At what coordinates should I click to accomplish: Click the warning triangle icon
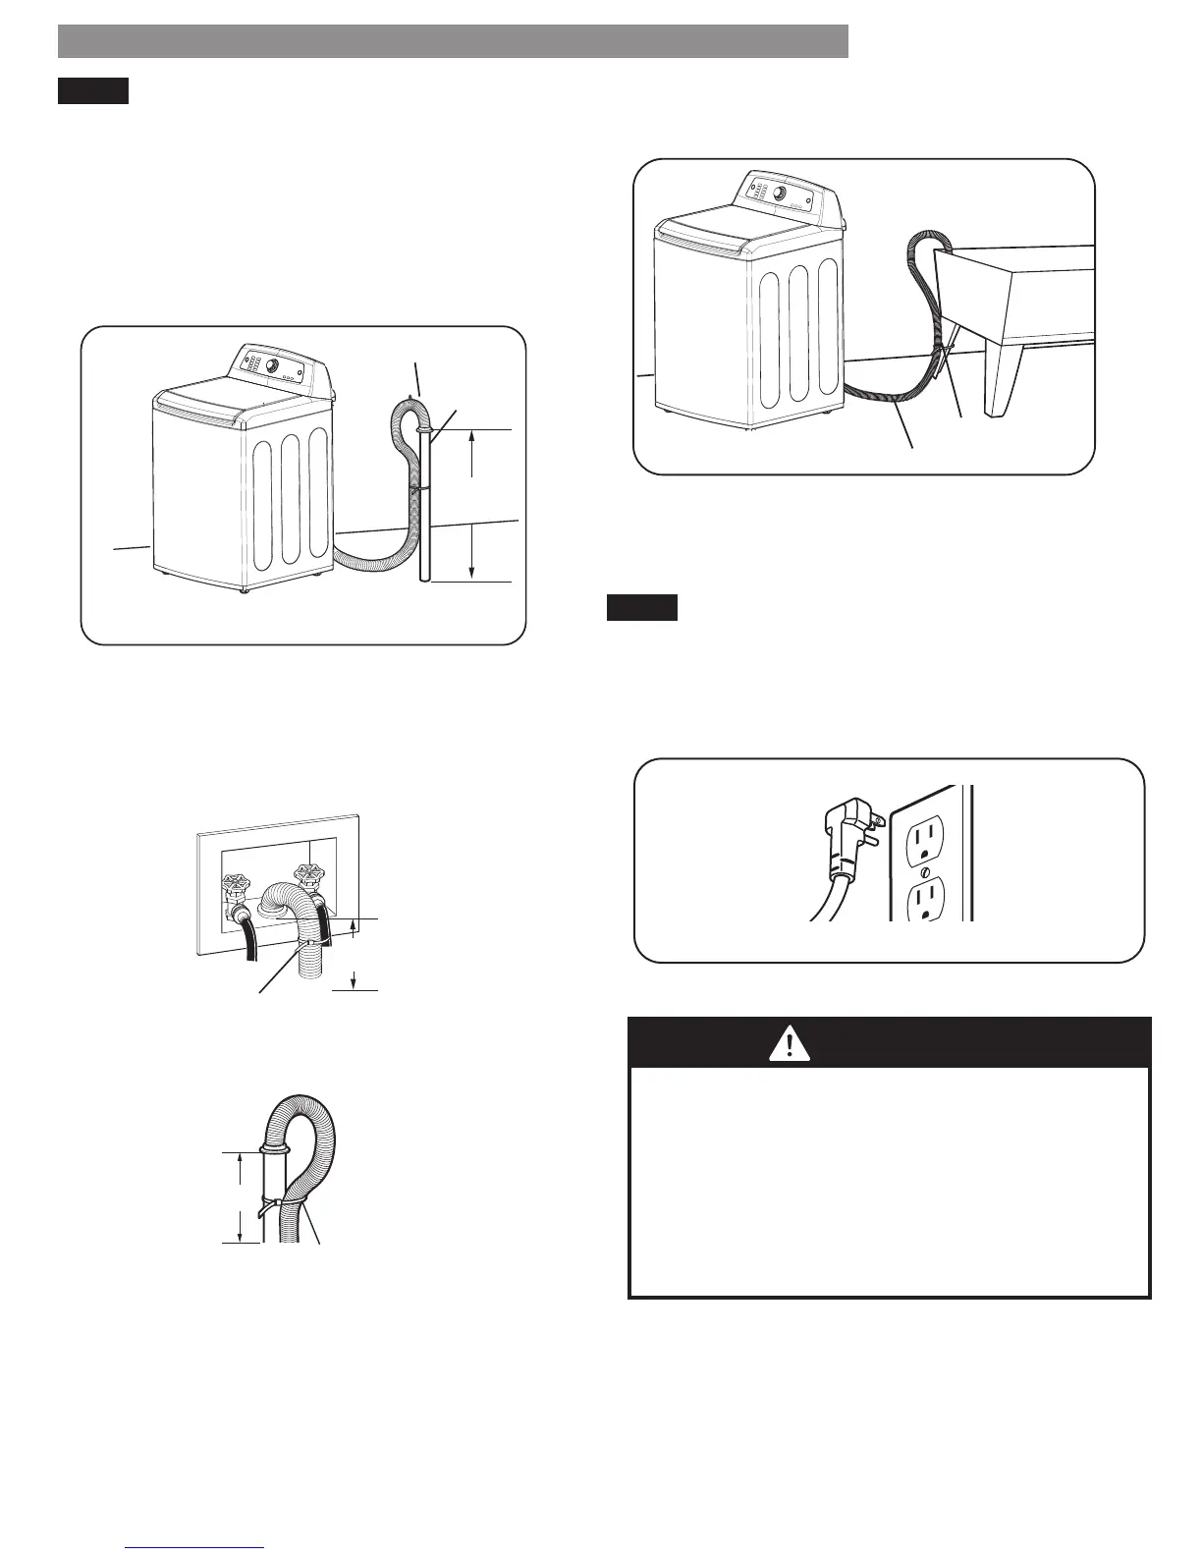click(x=791, y=1043)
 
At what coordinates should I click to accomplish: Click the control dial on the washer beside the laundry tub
click(x=779, y=193)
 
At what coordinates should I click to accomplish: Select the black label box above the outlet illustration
click(x=641, y=608)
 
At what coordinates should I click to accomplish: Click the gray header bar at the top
click(x=453, y=41)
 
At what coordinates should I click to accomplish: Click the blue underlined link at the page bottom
click(x=196, y=1546)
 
